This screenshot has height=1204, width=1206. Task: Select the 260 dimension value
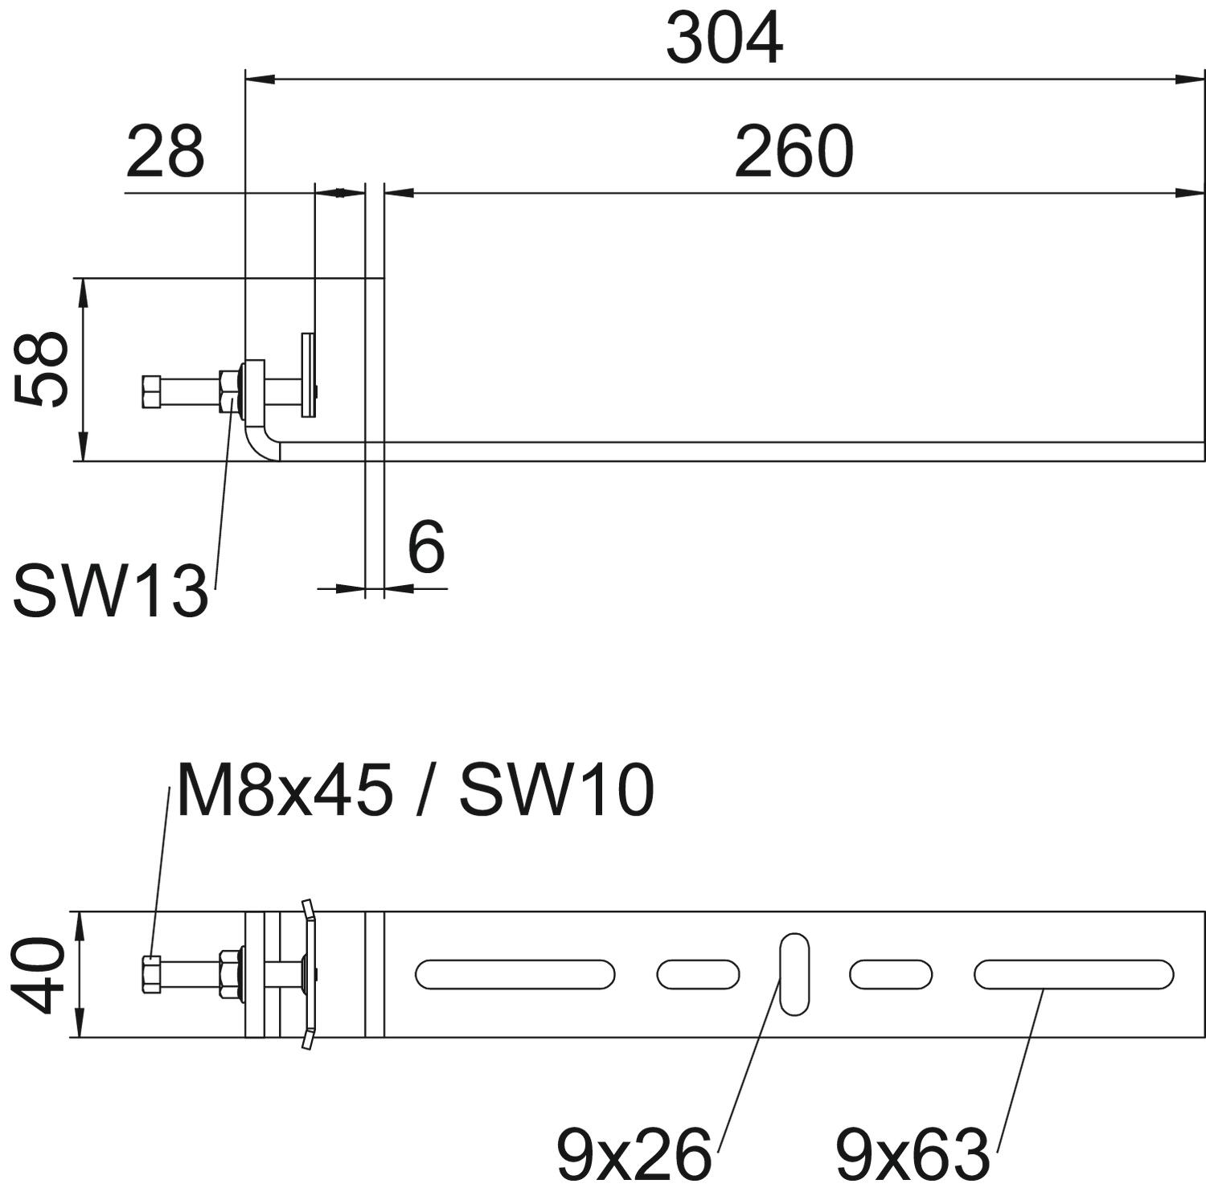[x=793, y=152]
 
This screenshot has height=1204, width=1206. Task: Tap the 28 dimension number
[x=166, y=152]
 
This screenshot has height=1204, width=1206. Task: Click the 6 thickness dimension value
[x=425, y=547]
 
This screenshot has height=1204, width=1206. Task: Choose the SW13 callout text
[x=110, y=592]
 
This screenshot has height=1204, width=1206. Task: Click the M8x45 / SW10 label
[x=415, y=790]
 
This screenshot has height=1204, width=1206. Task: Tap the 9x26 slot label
[x=634, y=1154]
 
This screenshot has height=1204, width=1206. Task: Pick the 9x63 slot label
[x=912, y=1154]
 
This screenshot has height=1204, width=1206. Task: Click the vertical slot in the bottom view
[x=794, y=974]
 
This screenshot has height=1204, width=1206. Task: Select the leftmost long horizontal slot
[x=515, y=974]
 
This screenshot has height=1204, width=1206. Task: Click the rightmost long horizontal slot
[x=1073, y=974]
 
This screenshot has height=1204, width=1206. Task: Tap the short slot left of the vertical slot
[x=698, y=974]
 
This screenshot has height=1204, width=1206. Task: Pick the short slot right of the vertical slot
[x=891, y=974]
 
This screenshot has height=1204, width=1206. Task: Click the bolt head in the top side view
[x=152, y=391]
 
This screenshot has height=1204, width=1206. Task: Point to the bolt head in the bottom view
[x=150, y=974]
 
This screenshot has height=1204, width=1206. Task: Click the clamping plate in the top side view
[x=308, y=375]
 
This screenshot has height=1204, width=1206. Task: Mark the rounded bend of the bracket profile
[x=259, y=446]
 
